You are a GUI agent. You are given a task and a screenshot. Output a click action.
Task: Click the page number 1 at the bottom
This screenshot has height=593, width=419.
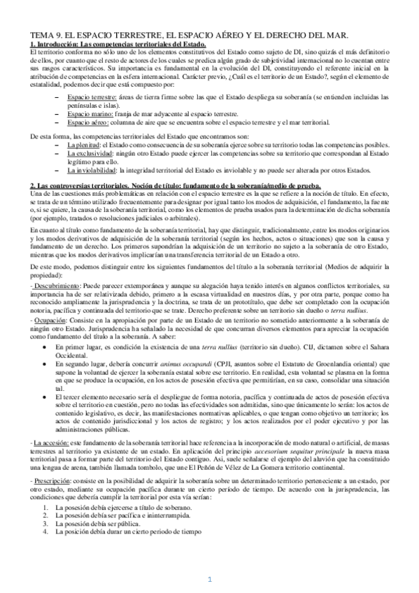pyautogui.click(x=209, y=578)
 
